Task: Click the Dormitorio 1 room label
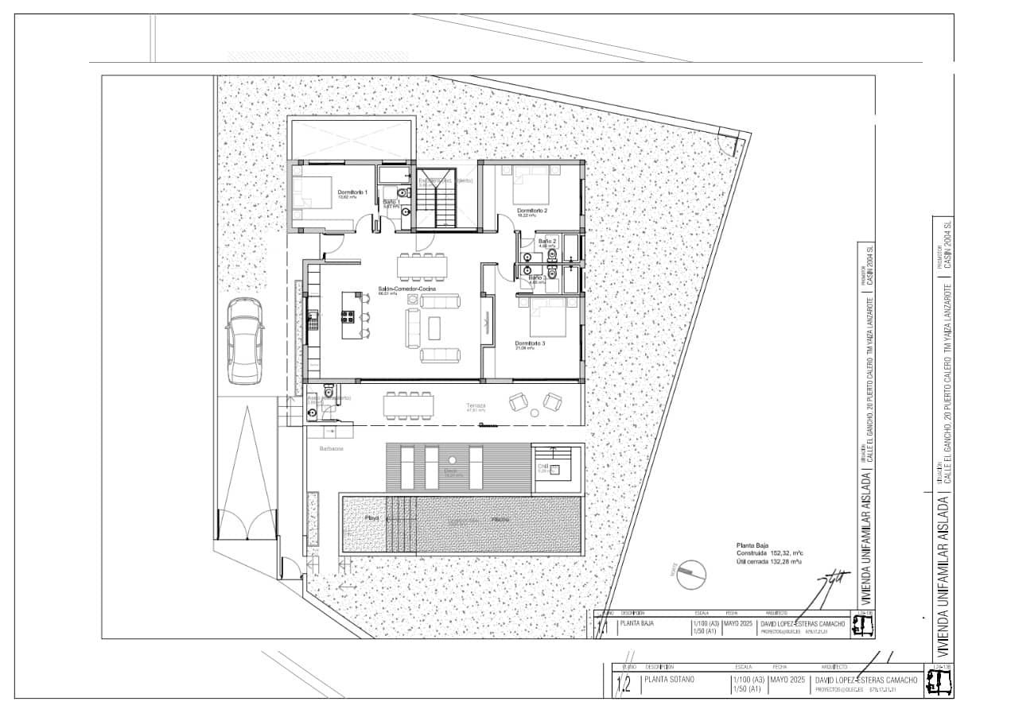pos(352,192)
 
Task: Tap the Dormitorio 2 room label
pos(532,211)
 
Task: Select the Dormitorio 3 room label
pos(530,343)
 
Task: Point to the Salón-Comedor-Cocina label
pos(406,289)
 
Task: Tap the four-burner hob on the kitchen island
pos(348,316)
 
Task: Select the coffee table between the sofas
pos(434,327)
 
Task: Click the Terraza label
pos(476,405)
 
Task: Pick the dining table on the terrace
pos(409,406)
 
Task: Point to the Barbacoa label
pos(332,449)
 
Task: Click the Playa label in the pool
pos(371,518)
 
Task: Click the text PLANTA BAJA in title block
pos(636,624)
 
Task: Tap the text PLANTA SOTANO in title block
pos(670,680)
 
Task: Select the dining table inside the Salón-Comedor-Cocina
pos(422,267)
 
